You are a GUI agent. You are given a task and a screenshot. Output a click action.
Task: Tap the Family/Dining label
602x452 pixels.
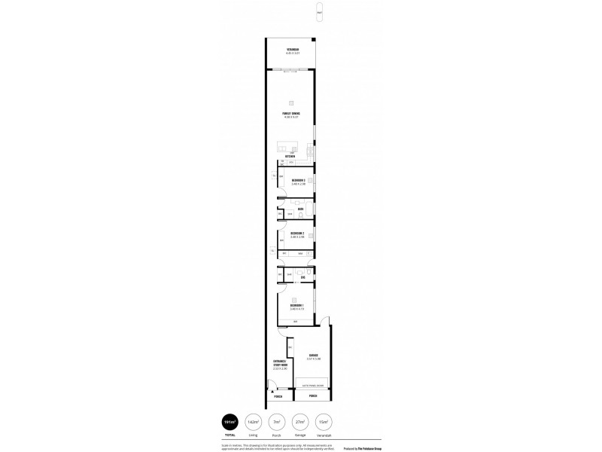click(292, 113)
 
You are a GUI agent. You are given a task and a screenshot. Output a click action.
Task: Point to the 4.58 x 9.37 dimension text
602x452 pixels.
click(292, 118)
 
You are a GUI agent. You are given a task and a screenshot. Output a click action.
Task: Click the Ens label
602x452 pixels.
click(302, 277)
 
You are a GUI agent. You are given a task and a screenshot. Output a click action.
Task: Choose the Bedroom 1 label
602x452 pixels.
click(296, 304)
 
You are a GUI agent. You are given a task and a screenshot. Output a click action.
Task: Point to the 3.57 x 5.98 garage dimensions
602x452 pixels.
click(313, 359)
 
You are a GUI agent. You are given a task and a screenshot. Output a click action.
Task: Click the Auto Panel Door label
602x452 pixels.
click(312, 385)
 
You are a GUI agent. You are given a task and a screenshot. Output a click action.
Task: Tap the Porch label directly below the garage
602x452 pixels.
click(312, 395)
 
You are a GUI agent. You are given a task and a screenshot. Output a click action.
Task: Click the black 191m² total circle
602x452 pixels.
click(230, 422)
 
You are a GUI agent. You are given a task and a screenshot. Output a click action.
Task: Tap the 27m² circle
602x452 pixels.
click(302, 422)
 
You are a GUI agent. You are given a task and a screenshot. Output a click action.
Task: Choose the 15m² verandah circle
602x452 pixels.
click(324, 422)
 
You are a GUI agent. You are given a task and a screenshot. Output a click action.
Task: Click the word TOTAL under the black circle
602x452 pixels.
click(230, 435)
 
